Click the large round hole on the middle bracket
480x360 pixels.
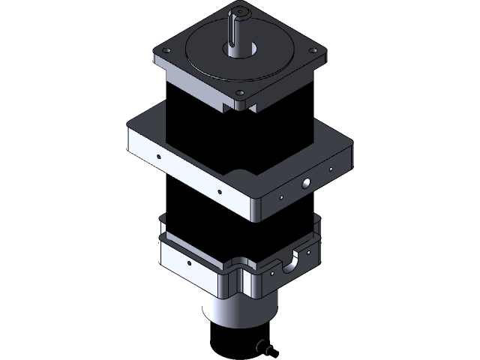pos(305,182)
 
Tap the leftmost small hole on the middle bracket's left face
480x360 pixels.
pos(158,157)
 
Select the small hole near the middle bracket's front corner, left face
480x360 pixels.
pos(219,191)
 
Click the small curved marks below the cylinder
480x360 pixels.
pos(262,346)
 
